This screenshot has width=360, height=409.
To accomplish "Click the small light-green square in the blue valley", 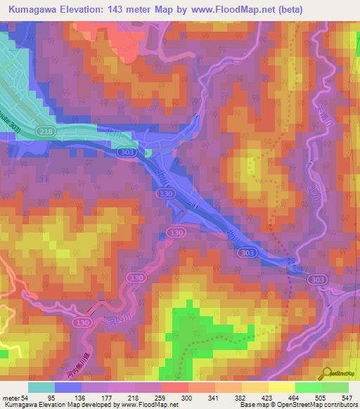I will click(148, 152).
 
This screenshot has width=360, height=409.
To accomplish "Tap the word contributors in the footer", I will click(340, 405).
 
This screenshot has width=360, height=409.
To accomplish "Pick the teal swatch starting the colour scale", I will click(41, 388).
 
